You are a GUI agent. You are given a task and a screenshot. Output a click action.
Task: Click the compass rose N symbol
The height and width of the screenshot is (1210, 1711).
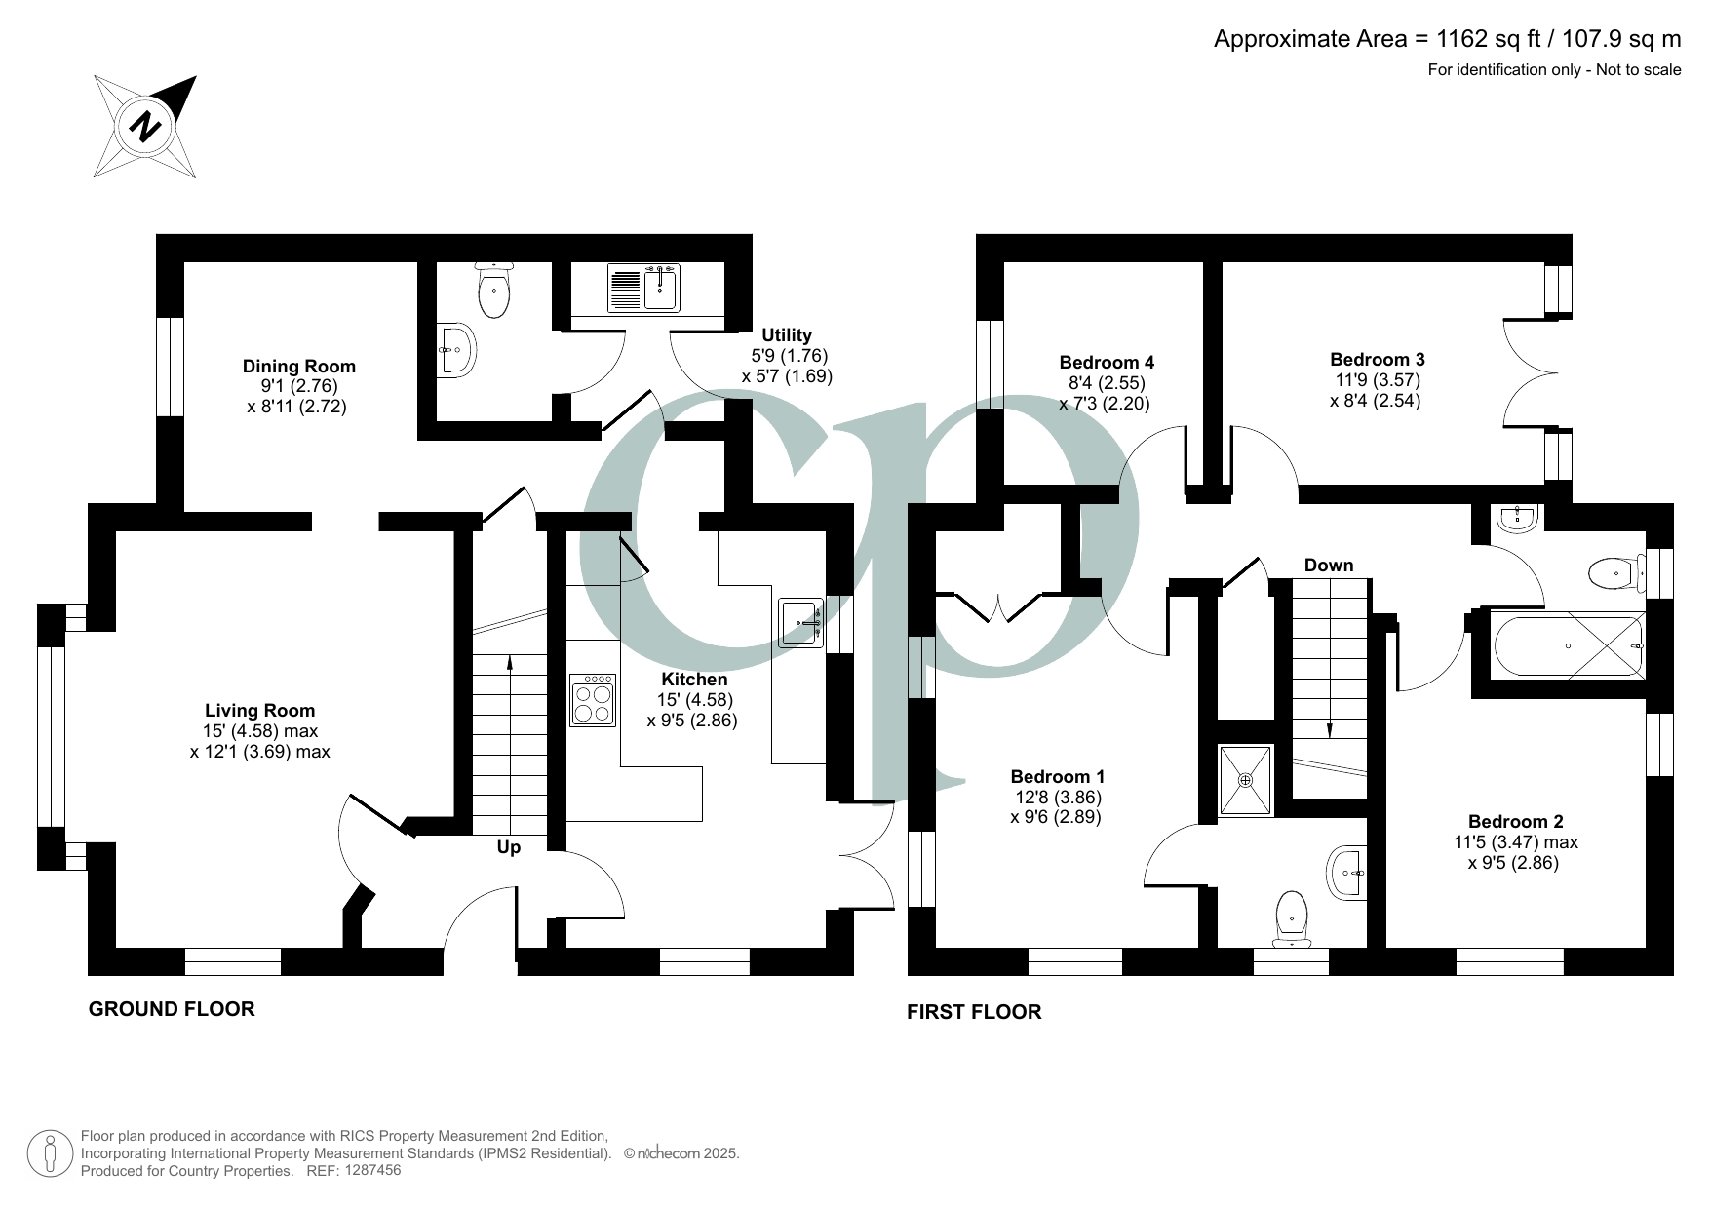click(x=146, y=127)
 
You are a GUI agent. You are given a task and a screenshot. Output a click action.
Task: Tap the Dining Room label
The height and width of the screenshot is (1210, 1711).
click(x=298, y=367)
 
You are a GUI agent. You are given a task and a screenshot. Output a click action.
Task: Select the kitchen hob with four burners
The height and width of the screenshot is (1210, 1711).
click(x=593, y=700)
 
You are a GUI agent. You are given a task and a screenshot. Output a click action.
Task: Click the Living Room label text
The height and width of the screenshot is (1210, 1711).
click(x=259, y=711)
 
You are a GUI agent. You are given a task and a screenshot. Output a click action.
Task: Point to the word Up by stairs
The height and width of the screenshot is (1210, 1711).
click(x=508, y=847)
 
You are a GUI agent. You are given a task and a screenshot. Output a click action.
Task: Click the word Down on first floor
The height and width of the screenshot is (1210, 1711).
click(x=1328, y=566)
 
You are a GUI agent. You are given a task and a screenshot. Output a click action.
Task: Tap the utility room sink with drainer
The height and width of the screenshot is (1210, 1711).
click(x=643, y=288)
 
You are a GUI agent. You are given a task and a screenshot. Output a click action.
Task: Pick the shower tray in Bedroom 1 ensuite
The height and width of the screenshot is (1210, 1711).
click(x=1245, y=780)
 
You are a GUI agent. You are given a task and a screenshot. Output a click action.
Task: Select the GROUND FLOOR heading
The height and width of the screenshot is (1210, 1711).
click(x=172, y=1009)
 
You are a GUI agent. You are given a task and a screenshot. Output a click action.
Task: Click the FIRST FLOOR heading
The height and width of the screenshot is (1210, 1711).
click(x=974, y=1012)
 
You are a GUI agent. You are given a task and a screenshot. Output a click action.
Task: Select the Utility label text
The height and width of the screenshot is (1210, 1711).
click(x=786, y=335)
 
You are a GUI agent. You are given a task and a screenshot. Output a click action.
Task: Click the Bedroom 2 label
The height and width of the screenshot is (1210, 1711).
click(x=1515, y=821)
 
